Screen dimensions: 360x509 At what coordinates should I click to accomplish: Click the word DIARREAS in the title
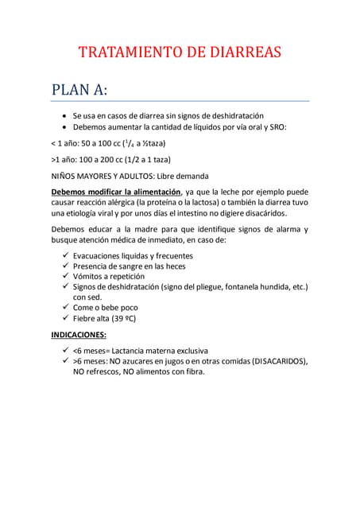pos(242,53)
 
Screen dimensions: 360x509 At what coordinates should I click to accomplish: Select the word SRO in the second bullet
pos(274,127)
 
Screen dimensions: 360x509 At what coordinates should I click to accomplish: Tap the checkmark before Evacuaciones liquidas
pos(65,255)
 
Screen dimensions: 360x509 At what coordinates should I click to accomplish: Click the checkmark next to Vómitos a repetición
pos(65,276)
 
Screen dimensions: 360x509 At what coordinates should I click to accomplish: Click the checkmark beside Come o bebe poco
pos(65,307)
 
